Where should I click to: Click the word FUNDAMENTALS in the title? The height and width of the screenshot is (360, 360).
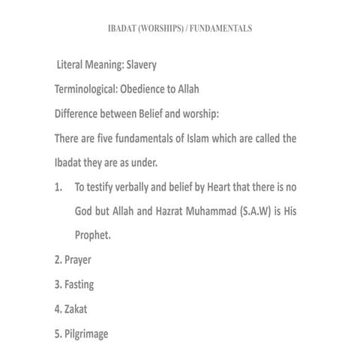221,28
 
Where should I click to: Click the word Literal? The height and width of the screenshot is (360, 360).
76,66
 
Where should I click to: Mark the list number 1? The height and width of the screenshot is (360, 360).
58,187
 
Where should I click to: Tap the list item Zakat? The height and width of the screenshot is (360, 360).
76,309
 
